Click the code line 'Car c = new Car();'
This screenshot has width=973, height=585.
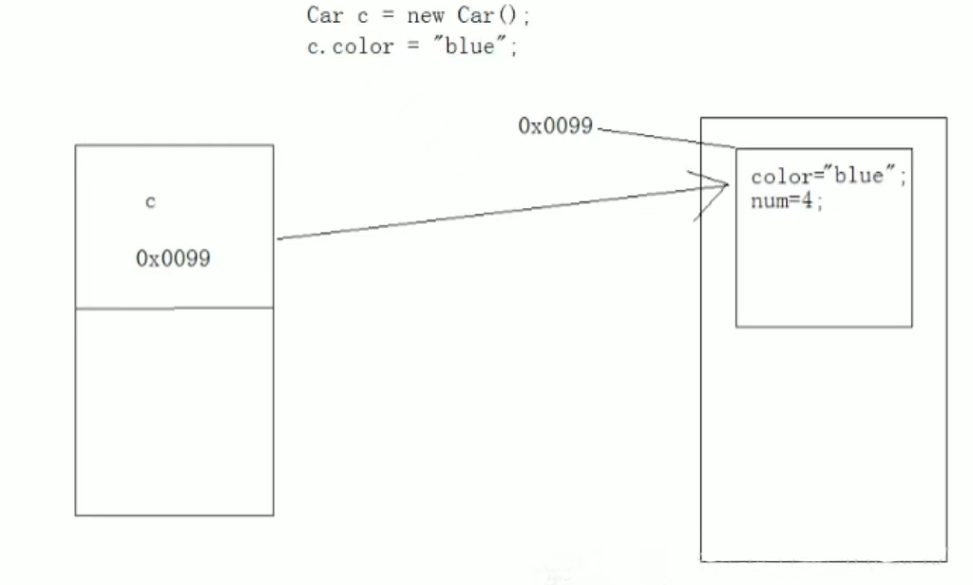[x=417, y=16]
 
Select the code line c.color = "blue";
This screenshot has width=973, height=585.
[x=411, y=47]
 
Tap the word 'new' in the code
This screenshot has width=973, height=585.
[x=425, y=16]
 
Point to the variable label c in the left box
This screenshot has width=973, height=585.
[x=150, y=202]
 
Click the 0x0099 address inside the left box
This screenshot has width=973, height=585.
[x=173, y=258]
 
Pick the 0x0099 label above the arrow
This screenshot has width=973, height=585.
[x=556, y=125]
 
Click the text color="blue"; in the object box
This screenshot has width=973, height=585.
[x=829, y=178]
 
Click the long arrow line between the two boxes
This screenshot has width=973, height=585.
[x=494, y=214]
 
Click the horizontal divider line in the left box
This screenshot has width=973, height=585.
[x=174, y=308]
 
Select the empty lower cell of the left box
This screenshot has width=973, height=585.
[x=174, y=411]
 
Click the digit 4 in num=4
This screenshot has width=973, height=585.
[x=808, y=200]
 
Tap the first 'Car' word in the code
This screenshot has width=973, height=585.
[x=319, y=16]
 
